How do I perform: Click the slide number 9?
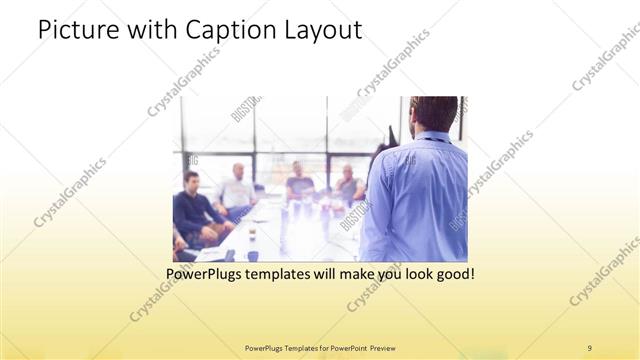589,347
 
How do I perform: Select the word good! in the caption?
454,272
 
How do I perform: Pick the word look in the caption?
412,272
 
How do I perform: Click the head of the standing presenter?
434,113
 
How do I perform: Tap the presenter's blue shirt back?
415,200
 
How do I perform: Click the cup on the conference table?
251,236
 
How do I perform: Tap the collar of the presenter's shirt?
432,137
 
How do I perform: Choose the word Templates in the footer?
290,347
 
